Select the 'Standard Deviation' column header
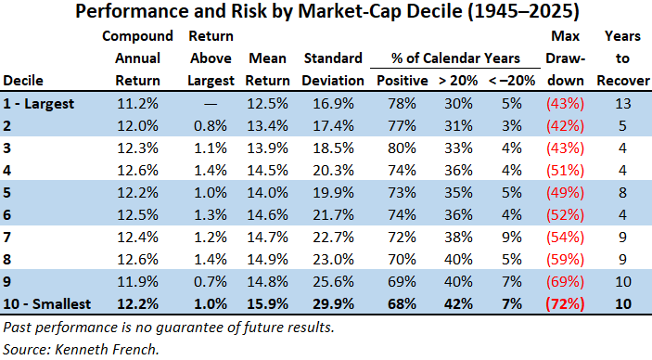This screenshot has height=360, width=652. (333, 69)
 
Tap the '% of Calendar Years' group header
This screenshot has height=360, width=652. (455, 58)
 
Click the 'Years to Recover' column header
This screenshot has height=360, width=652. (623, 58)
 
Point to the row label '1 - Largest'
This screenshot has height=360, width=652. (39, 104)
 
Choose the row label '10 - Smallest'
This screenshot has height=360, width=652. (46, 303)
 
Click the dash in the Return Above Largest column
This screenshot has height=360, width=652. (211, 104)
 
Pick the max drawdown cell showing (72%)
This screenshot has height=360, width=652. (565, 303)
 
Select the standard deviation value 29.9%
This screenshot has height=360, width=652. (333, 303)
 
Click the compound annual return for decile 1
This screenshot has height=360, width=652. (137, 104)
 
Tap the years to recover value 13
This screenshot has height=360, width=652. (623, 104)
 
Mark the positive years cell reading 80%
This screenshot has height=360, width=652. (402, 148)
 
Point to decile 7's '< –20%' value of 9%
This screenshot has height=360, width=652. (511, 238)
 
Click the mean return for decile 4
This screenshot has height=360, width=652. (267, 170)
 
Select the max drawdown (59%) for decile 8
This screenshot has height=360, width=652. (565, 259)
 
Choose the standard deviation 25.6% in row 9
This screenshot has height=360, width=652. (333, 282)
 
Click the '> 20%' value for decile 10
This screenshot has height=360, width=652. (458, 303)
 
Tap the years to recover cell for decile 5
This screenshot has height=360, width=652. (622, 193)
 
